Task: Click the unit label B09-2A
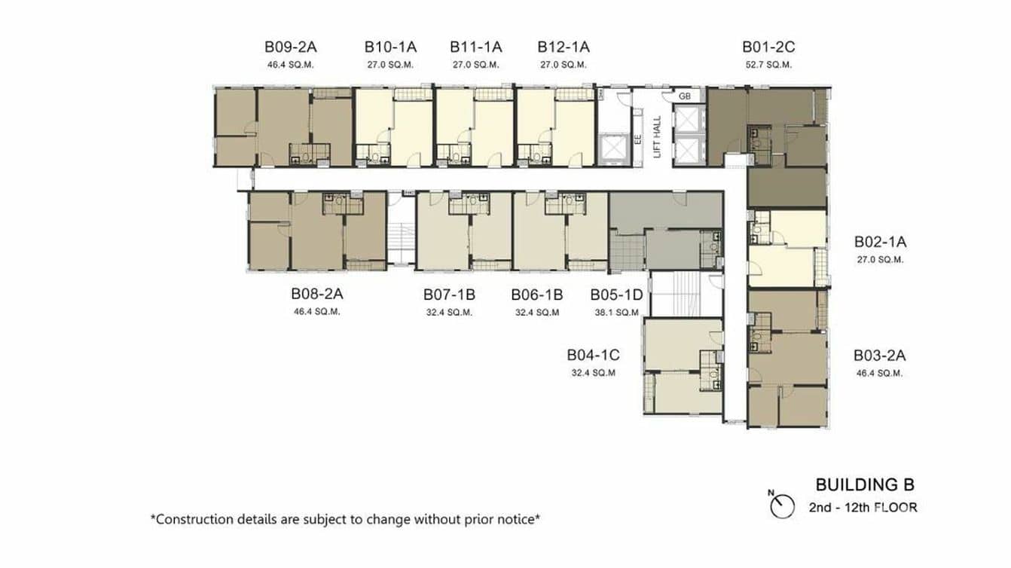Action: click(x=290, y=47)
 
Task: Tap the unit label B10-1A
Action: click(x=391, y=47)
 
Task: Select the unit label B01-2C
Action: click(x=768, y=47)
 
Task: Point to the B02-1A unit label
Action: click(x=879, y=243)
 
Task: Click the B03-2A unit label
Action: click(x=879, y=356)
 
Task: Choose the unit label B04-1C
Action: click(x=593, y=355)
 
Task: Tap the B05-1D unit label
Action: click(x=615, y=295)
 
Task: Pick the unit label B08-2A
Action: click(x=317, y=295)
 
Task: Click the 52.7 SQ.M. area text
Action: click(x=768, y=65)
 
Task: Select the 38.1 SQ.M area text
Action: click(x=615, y=313)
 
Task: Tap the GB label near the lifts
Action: click(x=684, y=96)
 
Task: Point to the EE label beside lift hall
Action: click(x=637, y=139)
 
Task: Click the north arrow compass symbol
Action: click(x=783, y=505)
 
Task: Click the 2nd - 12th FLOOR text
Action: click(x=863, y=508)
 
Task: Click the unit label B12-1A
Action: click(x=564, y=47)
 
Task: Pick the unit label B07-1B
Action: click(x=449, y=295)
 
